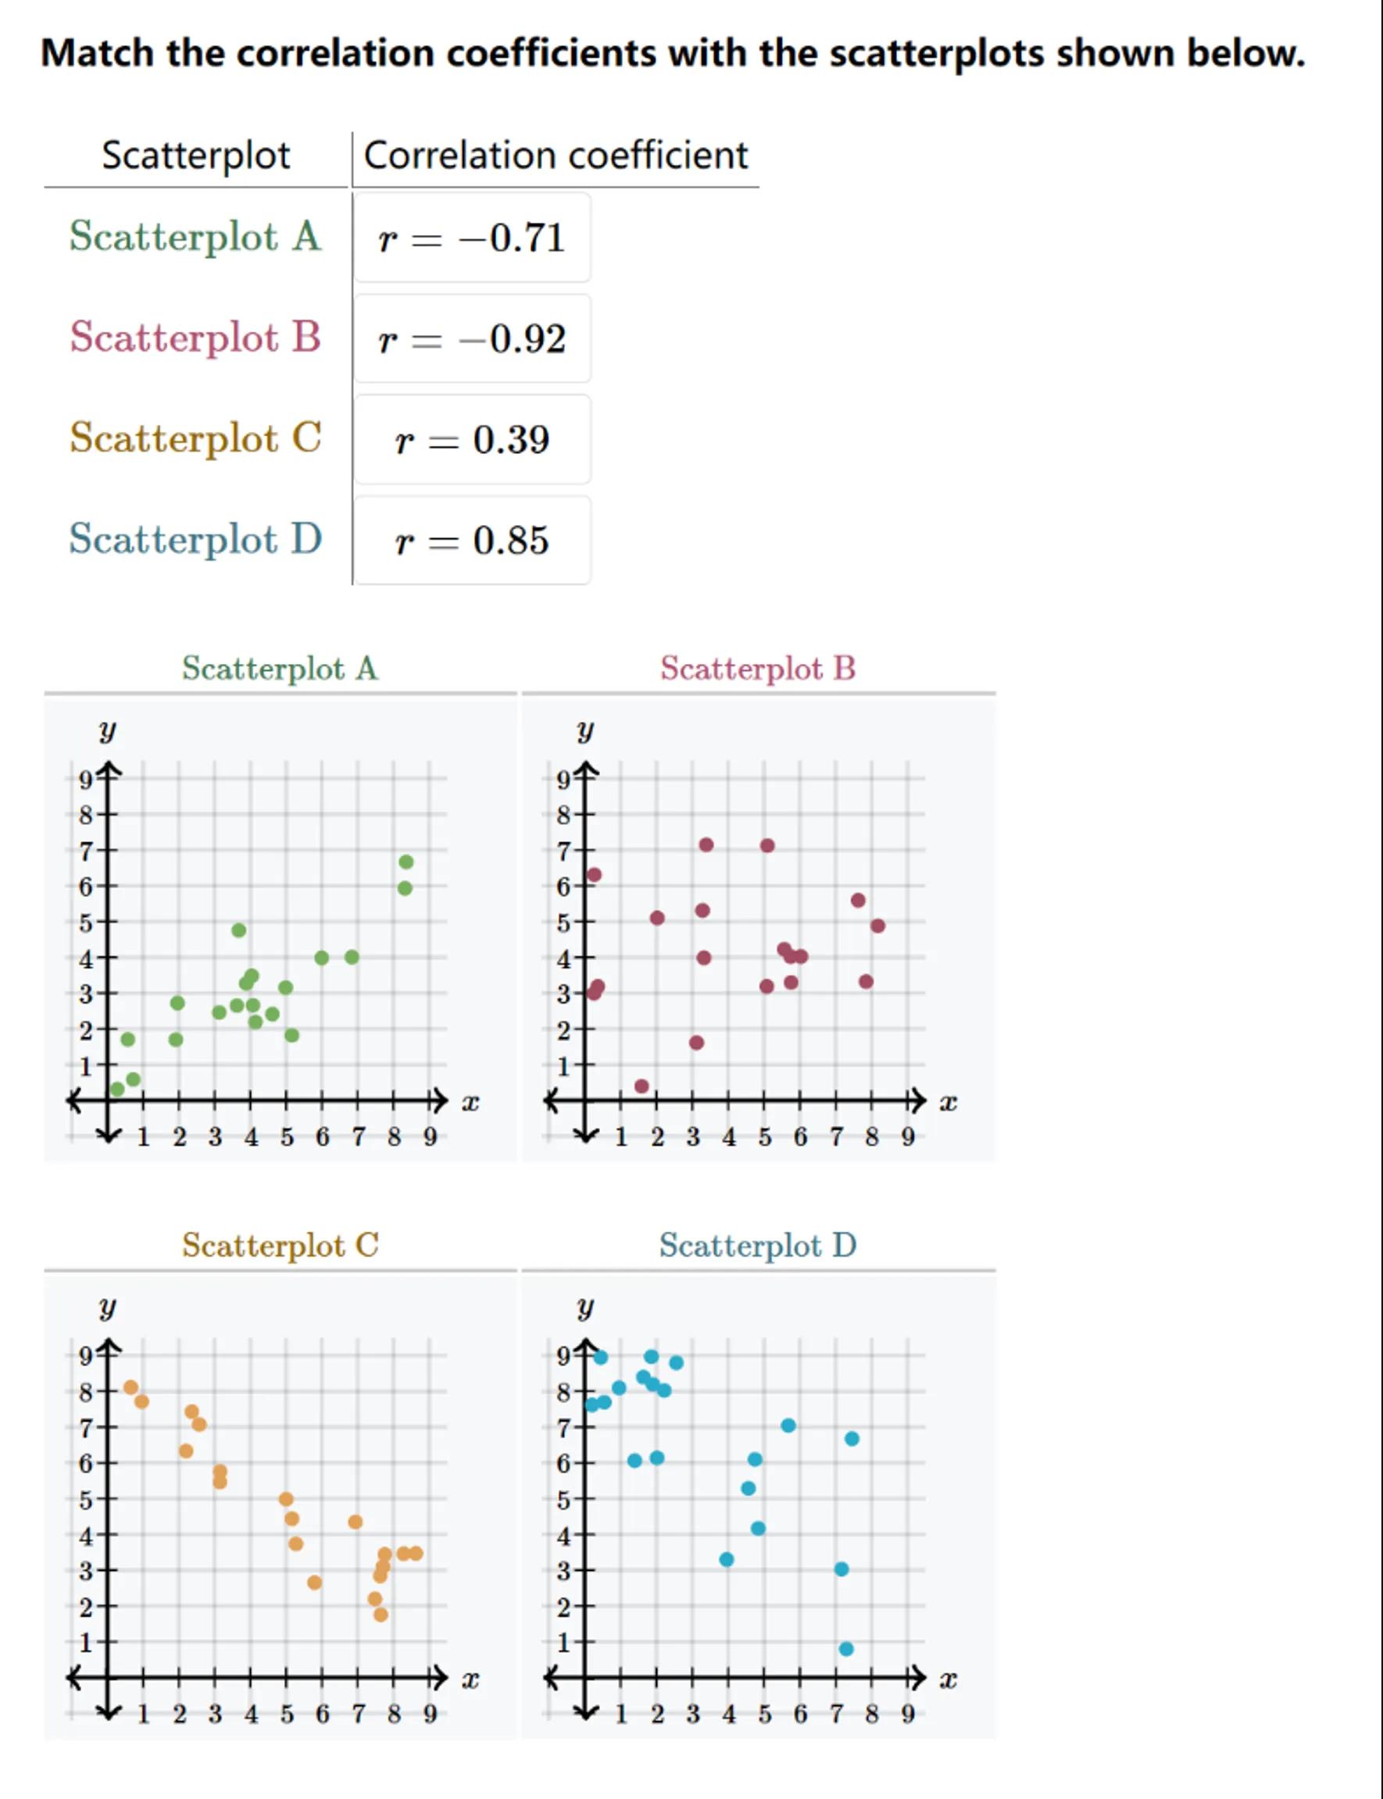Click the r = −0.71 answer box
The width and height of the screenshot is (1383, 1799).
472,237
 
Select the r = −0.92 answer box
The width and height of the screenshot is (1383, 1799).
472,339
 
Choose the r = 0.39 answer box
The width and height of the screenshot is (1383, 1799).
472,440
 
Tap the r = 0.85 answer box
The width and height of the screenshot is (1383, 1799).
472,541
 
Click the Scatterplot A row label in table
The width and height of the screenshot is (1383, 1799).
195,236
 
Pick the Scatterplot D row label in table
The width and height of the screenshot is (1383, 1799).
195,539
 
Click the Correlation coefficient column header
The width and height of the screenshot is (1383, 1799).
556,155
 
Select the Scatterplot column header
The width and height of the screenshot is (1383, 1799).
196,155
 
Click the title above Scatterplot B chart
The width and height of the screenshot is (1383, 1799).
757,668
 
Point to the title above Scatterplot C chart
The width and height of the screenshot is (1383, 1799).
280,1245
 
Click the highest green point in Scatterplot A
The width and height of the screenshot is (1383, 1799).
406,862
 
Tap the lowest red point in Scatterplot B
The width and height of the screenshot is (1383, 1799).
642,1087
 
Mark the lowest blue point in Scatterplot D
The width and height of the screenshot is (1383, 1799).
846,1649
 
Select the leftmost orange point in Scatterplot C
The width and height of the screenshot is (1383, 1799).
131,1387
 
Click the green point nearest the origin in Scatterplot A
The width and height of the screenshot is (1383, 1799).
118,1090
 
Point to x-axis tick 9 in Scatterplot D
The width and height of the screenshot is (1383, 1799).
908,1714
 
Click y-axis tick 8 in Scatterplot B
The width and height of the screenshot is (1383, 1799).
564,816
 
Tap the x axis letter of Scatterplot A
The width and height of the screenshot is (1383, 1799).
470,1103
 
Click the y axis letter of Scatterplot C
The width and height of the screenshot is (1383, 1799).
107,1307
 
